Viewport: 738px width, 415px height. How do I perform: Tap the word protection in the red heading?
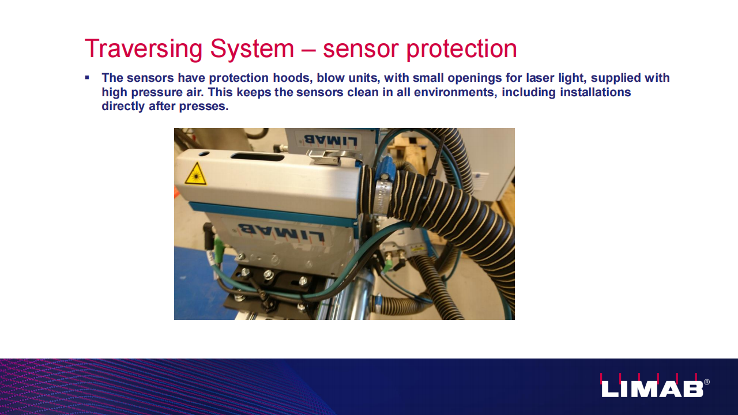click(461, 50)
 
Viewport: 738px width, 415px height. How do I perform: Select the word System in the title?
click(252, 50)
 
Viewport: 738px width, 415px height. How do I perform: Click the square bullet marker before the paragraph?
click(87, 78)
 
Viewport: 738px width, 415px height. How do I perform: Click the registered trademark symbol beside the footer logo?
click(707, 382)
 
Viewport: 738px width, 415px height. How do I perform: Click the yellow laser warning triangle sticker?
click(196, 173)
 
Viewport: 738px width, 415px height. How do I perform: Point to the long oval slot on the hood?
click(257, 156)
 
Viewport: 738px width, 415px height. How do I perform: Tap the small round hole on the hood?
click(204, 154)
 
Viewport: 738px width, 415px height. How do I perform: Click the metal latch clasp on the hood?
click(326, 157)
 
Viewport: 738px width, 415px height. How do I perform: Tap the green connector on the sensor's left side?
click(218, 246)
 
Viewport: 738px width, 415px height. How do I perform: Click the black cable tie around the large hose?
click(431, 184)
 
